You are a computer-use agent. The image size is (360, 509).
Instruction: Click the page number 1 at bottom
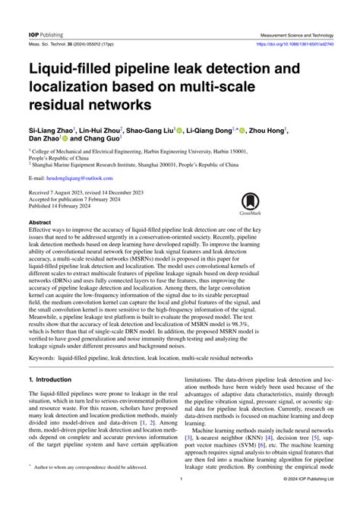click(179, 501)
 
